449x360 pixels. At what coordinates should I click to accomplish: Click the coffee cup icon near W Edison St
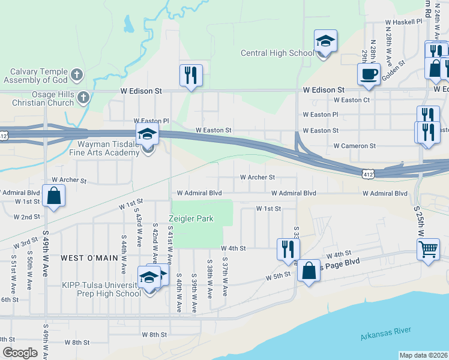click(x=368, y=74)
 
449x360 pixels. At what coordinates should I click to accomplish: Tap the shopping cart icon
click(x=428, y=248)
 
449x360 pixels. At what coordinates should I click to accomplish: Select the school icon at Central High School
click(x=325, y=41)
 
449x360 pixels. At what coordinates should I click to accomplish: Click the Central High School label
click(x=277, y=53)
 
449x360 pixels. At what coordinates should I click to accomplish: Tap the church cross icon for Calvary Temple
click(x=76, y=74)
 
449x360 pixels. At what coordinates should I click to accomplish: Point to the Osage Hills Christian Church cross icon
click(x=83, y=97)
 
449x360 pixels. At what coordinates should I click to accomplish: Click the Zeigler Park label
click(x=191, y=219)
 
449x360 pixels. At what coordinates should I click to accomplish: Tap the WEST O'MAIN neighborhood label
click(x=89, y=257)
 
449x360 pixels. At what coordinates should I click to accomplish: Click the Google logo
click(x=20, y=353)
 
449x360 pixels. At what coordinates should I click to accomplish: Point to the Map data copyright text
click(x=423, y=355)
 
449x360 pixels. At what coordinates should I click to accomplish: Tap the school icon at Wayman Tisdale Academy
click(x=147, y=135)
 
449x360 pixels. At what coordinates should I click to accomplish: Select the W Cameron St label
click(x=355, y=146)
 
